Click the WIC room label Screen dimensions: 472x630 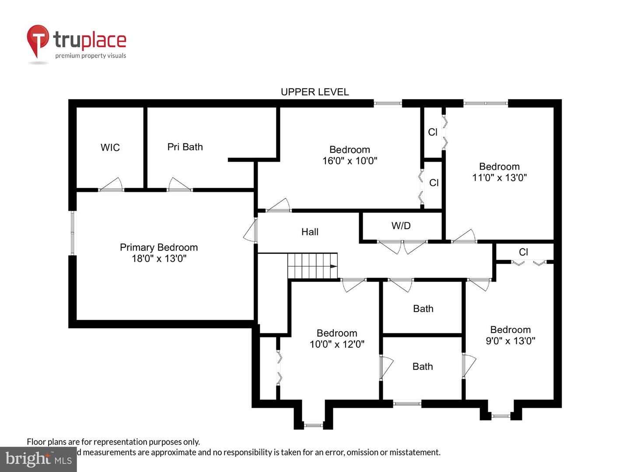(110, 148)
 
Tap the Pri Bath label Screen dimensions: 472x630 (185, 147)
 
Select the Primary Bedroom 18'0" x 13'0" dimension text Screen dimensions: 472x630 (159, 259)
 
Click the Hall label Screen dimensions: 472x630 (310, 232)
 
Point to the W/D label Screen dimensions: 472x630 (401, 226)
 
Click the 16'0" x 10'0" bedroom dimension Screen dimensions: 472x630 (350, 161)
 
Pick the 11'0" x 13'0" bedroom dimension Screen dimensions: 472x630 (499, 178)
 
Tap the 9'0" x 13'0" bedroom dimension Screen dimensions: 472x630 (511, 341)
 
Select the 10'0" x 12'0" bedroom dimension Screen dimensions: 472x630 (337, 344)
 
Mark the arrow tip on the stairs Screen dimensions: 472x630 (336, 266)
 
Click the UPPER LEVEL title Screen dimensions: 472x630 (315, 92)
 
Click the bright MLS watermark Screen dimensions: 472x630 (38, 459)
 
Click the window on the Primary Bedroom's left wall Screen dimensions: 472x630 (73, 233)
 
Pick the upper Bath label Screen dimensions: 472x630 (423, 309)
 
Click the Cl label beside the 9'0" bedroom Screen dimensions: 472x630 (523, 252)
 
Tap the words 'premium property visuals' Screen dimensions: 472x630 (91, 56)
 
